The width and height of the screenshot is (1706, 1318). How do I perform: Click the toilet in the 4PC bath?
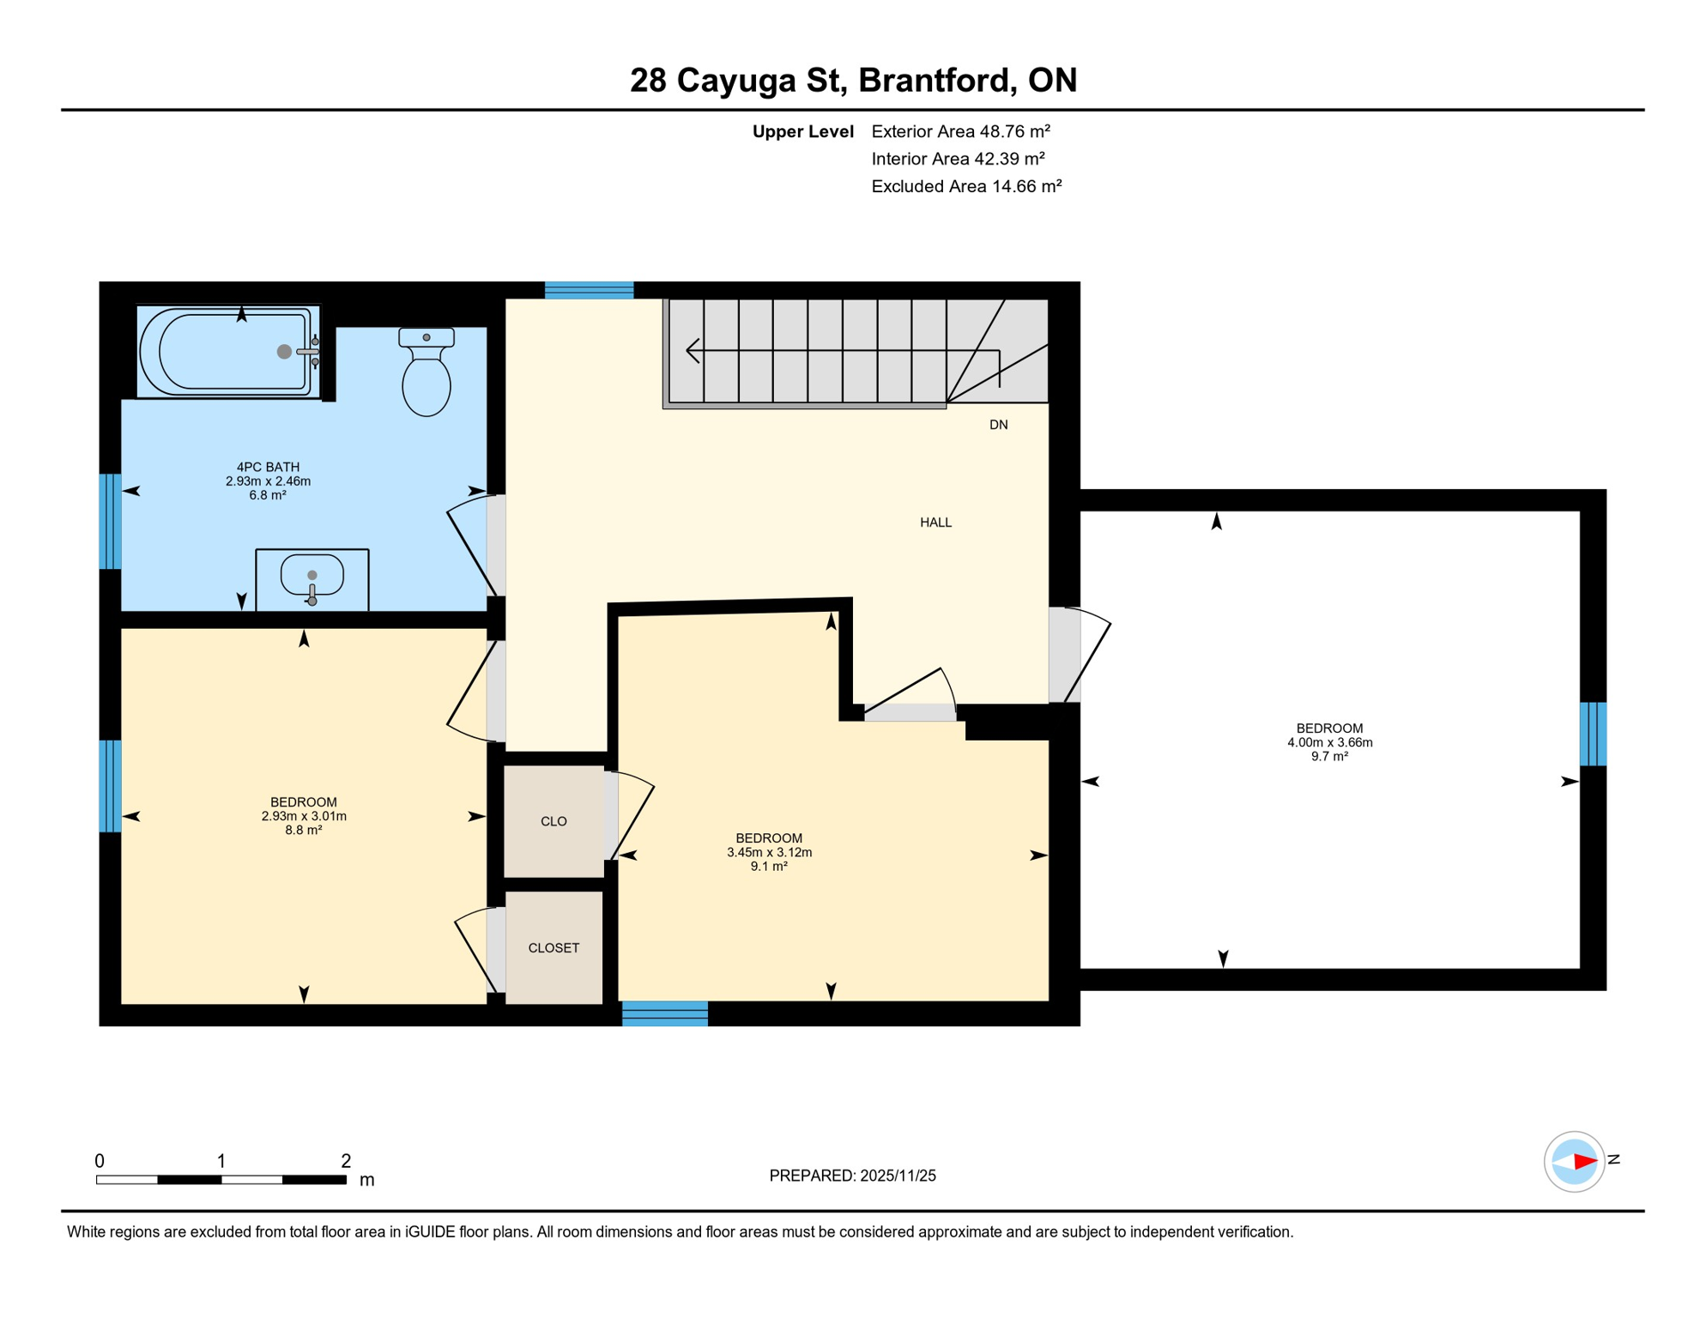(x=426, y=378)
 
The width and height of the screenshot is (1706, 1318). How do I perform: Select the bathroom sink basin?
(x=312, y=577)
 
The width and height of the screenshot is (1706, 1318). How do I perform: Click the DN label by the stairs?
(x=998, y=425)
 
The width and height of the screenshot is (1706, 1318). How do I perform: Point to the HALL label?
(x=935, y=523)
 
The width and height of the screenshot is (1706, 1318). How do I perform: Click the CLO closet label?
(x=554, y=821)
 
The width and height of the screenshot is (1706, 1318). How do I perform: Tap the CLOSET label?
(x=554, y=947)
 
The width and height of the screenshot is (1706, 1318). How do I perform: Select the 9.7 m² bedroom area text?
(x=1329, y=757)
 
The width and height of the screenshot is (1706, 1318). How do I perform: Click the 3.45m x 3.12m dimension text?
(x=769, y=852)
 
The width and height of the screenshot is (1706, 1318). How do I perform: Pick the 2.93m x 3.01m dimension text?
(x=304, y=816)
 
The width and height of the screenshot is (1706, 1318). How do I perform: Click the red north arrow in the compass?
(x=1584, y=1162)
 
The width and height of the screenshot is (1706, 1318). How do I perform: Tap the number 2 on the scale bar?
(x=346, y=1161)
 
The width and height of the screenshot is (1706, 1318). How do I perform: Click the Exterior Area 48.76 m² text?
(x=960, y=131)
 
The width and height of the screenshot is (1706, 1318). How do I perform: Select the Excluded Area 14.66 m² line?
(x=966, y=186)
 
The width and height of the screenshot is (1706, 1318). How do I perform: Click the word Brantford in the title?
(x=932, y=80)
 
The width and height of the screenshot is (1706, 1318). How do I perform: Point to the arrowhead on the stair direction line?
(x=692, y=351)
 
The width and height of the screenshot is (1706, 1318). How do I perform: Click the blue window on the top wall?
(x=589, y=290)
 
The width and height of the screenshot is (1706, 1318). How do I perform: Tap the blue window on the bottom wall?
(x=665, y=1013)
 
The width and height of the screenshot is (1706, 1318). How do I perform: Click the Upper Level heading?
(x=802, y=131)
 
